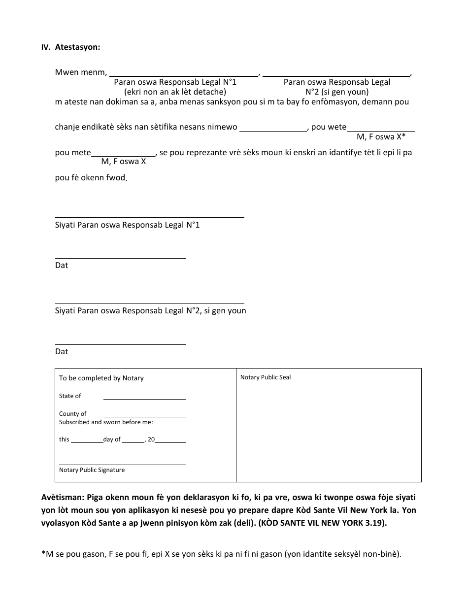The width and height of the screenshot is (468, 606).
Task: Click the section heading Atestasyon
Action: click(x=77, y=47)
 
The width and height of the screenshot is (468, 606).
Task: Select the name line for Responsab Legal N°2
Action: click(x=337, y=75)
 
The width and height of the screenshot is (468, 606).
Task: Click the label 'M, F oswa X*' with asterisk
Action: click(x=381, y=137)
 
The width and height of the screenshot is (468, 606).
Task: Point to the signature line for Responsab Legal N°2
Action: click(x=149, y=303)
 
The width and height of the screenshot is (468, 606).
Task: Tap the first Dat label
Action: click(x=62, y=266)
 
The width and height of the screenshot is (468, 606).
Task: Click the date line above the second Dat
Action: click(x=120, y=344)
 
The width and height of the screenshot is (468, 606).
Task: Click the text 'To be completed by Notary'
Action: click(x=101, y=378)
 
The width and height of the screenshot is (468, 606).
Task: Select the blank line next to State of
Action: click(x=144, y=398)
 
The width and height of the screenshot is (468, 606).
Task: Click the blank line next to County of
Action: click(x=144, y=416)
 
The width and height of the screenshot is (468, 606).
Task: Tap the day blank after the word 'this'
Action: click(x=87, y=442)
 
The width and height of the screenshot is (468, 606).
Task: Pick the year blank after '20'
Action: click(x=170, y=442)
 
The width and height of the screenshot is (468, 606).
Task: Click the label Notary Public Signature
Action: click(x=92, y=470)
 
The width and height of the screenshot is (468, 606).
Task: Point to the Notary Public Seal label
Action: click(x=266, y=377)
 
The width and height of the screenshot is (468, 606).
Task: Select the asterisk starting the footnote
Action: click(x=43, y=553)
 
